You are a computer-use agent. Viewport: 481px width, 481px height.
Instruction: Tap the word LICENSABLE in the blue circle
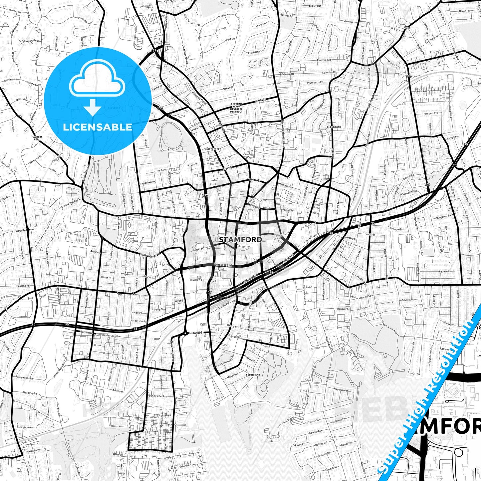point(98,127)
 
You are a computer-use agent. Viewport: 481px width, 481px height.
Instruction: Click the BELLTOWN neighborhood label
point(315,6)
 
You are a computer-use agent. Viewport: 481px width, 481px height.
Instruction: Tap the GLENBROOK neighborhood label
point(334,127)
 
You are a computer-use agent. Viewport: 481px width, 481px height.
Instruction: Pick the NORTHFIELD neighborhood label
point(213,149)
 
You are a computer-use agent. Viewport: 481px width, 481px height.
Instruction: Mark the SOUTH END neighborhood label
point(253,375)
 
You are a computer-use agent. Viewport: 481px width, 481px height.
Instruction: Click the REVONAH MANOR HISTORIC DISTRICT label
point(236,108)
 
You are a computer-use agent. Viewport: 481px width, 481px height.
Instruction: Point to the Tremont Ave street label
point(430,114)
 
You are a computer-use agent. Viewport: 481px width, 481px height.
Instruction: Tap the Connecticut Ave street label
point(70,203)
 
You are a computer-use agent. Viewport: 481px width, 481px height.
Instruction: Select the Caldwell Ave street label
point(409,300)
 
